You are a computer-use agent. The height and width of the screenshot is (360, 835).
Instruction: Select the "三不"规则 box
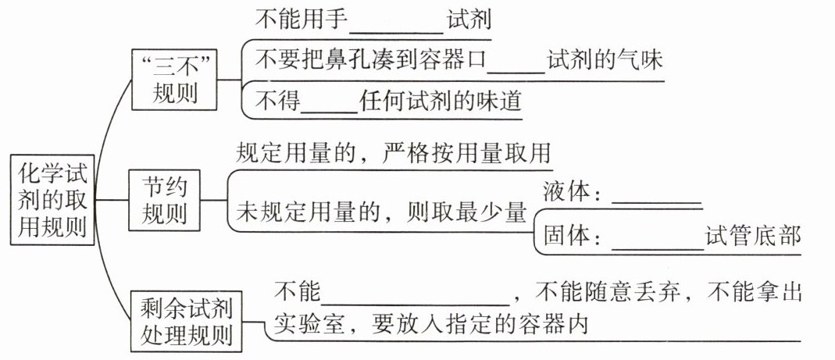(x=174, y=79)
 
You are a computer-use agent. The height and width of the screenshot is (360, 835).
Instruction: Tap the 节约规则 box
(x=164, y=199)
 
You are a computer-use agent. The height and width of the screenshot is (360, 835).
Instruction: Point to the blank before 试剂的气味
(x=519, y=62)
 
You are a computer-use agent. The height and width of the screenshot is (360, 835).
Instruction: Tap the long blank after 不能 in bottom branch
(x=416, y=294)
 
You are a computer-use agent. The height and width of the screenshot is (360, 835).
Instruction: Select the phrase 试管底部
(x=753, y=235)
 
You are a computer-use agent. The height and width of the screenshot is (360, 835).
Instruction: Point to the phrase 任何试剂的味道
(x=441, y=102)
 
